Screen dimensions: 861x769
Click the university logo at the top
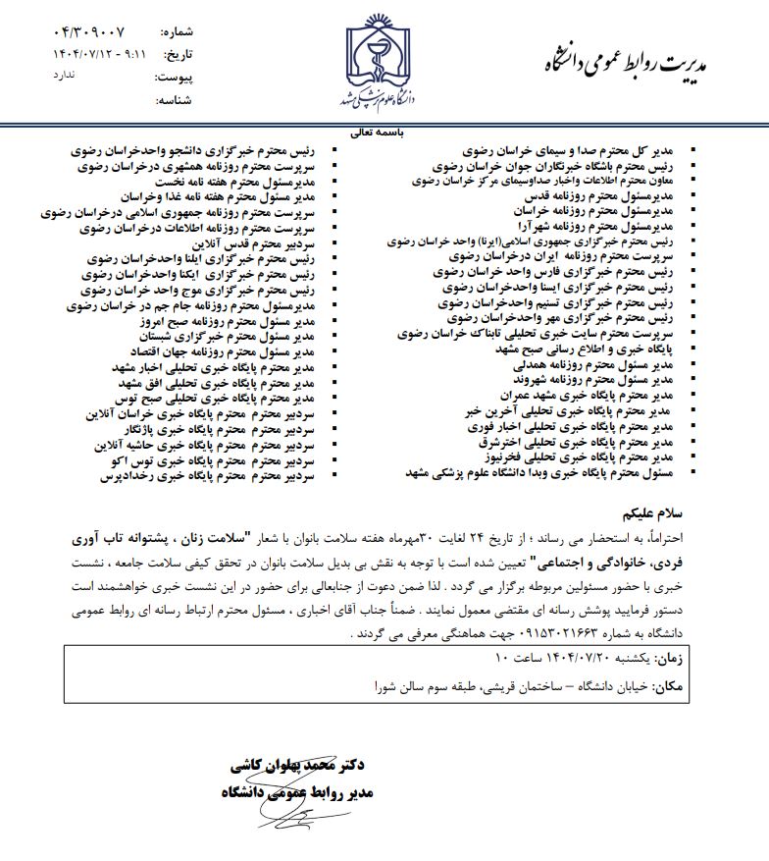384,59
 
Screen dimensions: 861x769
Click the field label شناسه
179,100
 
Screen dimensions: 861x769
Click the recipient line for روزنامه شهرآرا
601,226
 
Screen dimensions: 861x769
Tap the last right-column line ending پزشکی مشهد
538,472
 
